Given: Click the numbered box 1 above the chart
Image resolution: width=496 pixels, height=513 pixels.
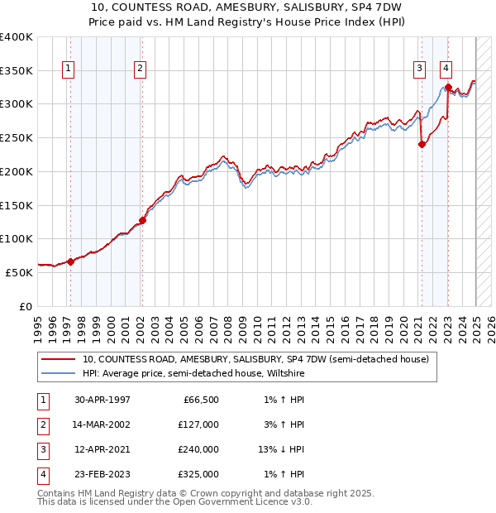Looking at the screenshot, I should pyautogui.click(x=67, y=69).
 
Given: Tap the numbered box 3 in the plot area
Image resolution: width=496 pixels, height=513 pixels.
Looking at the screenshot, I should pyautogui.click(x=419, y=69).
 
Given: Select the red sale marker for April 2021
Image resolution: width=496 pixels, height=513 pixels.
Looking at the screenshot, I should pyautogui.click(x=422, y=144).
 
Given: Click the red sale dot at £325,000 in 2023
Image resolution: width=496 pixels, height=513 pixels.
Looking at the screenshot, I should pyautogui.click(x=447, y=87).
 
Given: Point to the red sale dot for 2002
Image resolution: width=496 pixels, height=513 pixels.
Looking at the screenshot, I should pyautogui.click(x=142, y=220).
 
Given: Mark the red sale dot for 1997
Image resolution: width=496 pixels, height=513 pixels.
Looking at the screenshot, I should pyautogui.click(x=70, y=261).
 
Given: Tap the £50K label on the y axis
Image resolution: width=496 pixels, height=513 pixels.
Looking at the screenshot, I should pyautogui.click(x=19, y=272).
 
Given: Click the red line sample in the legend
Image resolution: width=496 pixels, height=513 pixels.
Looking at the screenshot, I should pyautogui.click(x=58, y=360).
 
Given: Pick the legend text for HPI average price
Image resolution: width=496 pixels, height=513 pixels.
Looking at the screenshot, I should pyautogui.click(x=193, y=374).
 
